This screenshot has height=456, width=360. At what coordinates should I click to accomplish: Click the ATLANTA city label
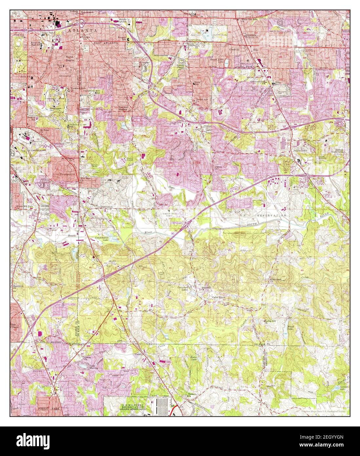83,30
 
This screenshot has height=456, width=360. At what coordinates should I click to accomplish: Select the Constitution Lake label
101,239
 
